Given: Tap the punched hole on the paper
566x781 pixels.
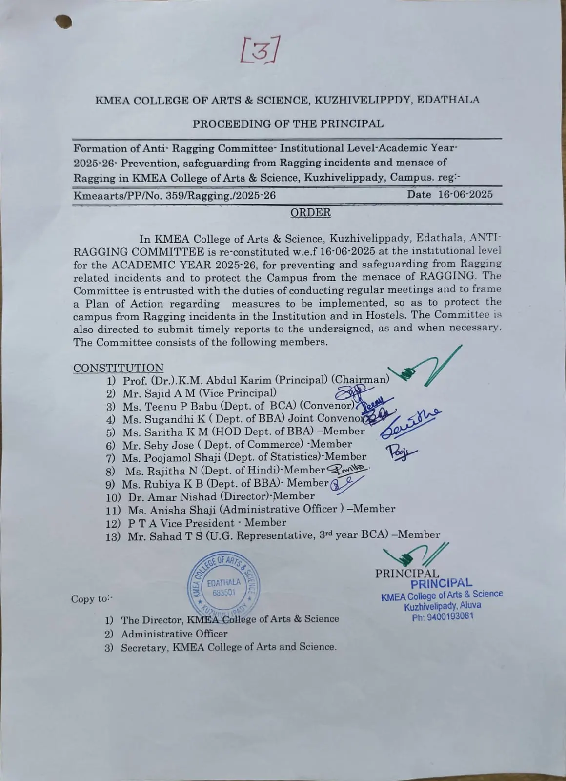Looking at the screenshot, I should tap(64, 21).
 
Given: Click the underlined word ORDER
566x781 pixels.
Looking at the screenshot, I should tap(310, 213).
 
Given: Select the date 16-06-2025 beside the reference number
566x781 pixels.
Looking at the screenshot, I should tap(465, 194).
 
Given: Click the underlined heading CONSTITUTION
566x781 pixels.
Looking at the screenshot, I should tap(118, 368).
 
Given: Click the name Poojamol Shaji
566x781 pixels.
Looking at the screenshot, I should tap(179, 457).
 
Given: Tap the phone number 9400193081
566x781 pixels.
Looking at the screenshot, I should tap(449, 617).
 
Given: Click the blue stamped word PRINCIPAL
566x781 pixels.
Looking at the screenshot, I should tap(441, 583).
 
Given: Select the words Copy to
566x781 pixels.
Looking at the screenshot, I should tap(91, 599).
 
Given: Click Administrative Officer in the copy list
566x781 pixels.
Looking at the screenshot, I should tap(174, 634).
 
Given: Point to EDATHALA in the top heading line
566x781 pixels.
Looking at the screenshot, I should tap(448, 100).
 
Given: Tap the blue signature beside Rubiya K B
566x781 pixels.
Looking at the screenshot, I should tap(346, 483).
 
